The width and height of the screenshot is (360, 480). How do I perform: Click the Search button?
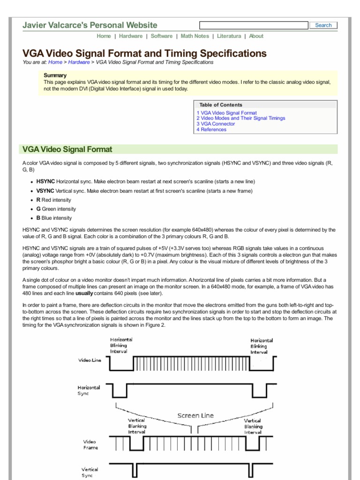(323, 25)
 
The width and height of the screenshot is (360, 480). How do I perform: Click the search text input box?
(254, 25)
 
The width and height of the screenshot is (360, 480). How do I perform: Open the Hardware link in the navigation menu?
(131, 36)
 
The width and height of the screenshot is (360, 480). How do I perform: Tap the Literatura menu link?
(229, 36)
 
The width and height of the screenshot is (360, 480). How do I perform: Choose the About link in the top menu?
(256, 36)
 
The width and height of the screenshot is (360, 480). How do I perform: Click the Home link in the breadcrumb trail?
(55, 62)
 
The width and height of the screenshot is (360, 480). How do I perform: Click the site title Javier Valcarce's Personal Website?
(90, 25)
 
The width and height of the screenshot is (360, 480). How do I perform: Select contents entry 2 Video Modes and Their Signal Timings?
(240, 118)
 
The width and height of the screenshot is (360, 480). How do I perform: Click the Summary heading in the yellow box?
(55, 75)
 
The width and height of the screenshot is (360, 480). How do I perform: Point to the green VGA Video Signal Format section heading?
(67, 150)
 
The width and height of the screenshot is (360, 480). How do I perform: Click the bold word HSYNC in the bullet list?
(45, 181)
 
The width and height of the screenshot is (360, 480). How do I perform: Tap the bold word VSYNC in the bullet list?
(45, 191)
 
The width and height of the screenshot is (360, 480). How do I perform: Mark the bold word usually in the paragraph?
(84, 293)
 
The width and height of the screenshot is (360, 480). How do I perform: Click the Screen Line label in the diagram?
(195, 415)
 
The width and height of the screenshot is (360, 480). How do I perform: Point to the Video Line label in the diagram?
(90, 360)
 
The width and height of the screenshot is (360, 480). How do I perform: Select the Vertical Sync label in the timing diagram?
(90, 472)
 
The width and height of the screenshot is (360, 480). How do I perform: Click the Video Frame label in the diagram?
(90, 444)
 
